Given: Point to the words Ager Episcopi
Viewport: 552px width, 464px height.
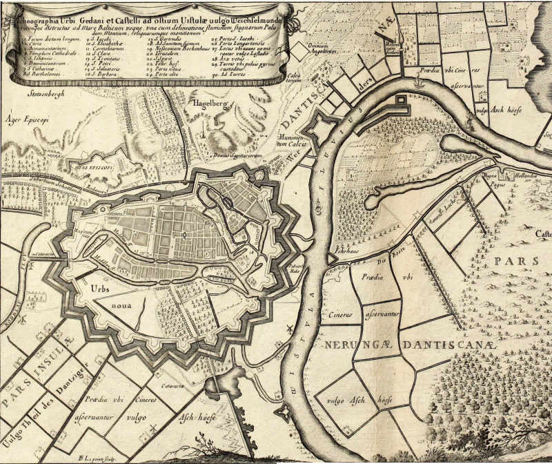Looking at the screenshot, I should pyautogui.click(x=26, y=117).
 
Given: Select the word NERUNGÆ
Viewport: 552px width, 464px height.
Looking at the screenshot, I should pyautogui.click(x=353, y=342).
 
